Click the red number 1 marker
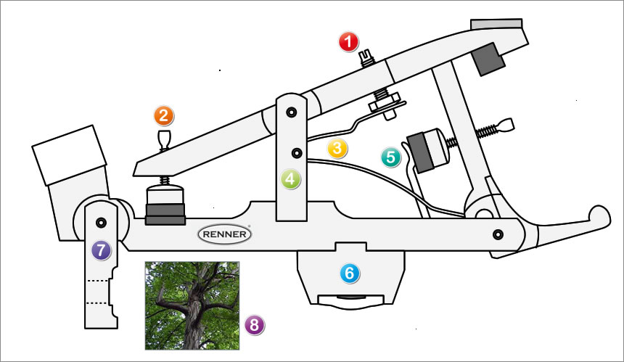[x=350, y=42]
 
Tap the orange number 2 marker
[x=164, y=115]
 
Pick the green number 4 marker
[x=292, y=178]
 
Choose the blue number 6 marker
[x=350, y=273]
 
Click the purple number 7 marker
[x=101, y=250]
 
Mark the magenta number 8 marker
[x=254, y=325]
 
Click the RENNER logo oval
[x=225, y=234]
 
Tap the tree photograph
[x=192, y=305]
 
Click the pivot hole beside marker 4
[x=296, y=153]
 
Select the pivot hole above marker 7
[x=101, y=221]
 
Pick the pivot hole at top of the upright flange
[x=291, y=112]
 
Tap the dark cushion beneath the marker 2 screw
[x=165, y=214]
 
